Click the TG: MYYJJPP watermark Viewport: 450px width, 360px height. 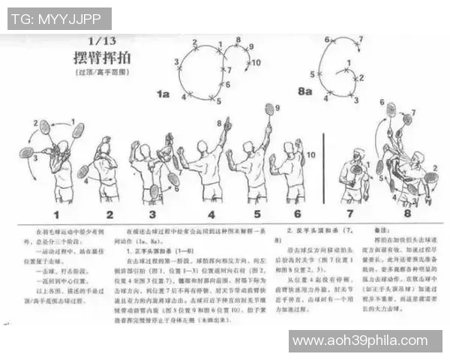pos(59,19)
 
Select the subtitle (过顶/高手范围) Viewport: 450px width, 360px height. pos(103,73)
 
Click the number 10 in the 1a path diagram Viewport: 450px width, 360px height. pos(256,62)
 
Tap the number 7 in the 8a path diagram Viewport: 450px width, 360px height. pos(360,39)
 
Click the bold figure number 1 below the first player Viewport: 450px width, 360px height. pos(55,214)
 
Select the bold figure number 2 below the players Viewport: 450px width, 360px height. pos(109,214)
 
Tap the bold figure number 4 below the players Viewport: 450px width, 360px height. pos(212,214)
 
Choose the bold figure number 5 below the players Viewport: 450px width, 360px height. pos(256,214)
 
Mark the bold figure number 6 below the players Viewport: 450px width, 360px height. pos(297,214)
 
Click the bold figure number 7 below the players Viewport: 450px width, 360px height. pos(350,214)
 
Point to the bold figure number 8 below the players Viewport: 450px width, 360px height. pos(407,214)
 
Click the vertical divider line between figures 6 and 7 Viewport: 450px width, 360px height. pos(323,169)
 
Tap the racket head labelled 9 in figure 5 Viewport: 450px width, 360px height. pos(268,109)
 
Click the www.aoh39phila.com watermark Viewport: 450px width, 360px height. pos(365,341)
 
